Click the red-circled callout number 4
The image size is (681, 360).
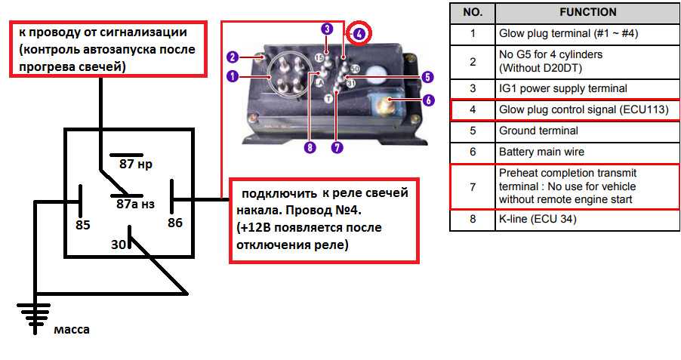[359, 33]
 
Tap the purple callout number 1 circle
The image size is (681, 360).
[232, 76]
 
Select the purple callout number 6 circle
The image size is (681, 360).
[428, 99]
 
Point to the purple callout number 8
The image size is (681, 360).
[308, 148]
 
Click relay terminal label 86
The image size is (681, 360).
[175, 223]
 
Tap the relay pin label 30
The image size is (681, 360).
[118, 244]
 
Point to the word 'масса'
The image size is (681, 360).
[72, 329]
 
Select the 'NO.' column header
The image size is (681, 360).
[472, 12]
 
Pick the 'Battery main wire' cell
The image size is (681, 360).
[541, 152]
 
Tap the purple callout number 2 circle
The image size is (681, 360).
[232, 57]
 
